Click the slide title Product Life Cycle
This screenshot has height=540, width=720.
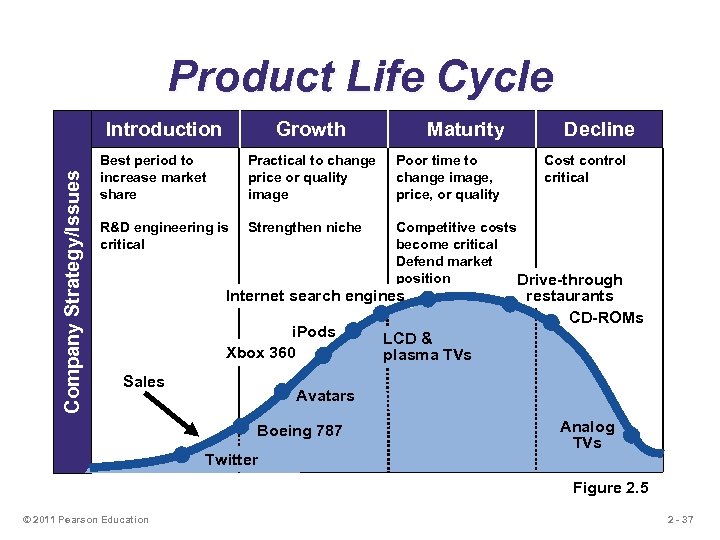[360, 77]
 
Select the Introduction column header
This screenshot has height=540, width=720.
[163, 129]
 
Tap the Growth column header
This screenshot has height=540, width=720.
[310, 129]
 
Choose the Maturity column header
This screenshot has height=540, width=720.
[465, 129]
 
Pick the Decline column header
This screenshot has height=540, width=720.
[598, 129]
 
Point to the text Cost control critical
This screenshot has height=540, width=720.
[584, 168]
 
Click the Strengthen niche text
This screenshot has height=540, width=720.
[304, 227]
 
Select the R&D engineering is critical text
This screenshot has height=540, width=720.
[164, 235]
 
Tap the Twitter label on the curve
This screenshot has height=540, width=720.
[230, 460]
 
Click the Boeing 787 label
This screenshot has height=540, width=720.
[299, 431]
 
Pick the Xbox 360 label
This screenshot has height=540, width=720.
[261, 352]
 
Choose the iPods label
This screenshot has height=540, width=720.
[313, 332]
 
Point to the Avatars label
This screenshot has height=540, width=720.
[325, 395]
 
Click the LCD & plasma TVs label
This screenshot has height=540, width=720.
[427, 346]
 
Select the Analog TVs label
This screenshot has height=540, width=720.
[587, 434]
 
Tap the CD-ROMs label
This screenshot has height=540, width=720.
[606, 318]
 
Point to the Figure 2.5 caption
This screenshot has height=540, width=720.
[610, 487]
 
